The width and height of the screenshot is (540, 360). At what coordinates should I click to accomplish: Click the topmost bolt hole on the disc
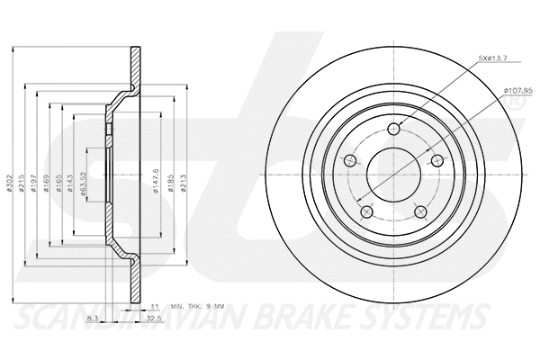coord(394,130)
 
